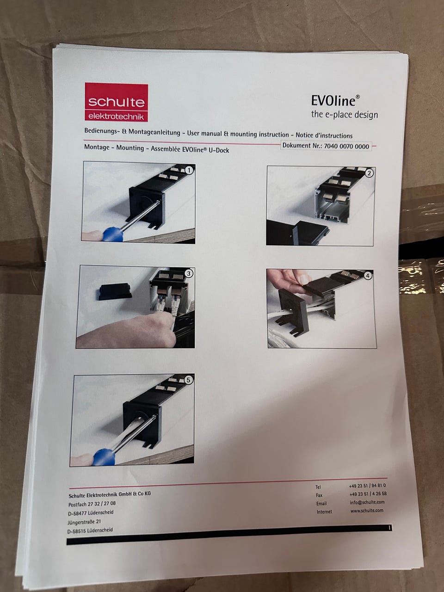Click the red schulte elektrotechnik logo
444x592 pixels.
pos(117,102)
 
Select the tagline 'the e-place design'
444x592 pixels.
pos(344,114)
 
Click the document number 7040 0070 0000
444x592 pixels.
pos(346,147)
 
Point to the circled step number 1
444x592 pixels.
pos(189,171)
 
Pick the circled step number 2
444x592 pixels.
pos(369,173)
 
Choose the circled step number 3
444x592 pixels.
pos(189,273)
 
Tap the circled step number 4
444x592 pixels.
pos(368,275)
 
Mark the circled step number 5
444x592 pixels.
pos(188,380)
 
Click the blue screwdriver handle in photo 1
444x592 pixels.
pos(113,234)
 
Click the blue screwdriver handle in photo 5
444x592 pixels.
pos(104,457)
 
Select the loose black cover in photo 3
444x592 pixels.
pos(115,291)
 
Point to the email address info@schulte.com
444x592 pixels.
pos(367,502)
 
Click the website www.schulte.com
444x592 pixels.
pos(367,510)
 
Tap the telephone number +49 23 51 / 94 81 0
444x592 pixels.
pos(367,486)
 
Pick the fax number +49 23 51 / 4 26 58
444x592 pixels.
pos(368,493)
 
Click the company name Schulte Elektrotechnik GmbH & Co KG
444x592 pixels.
pos(110,494)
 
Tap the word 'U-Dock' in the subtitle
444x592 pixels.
pos(219,150)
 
